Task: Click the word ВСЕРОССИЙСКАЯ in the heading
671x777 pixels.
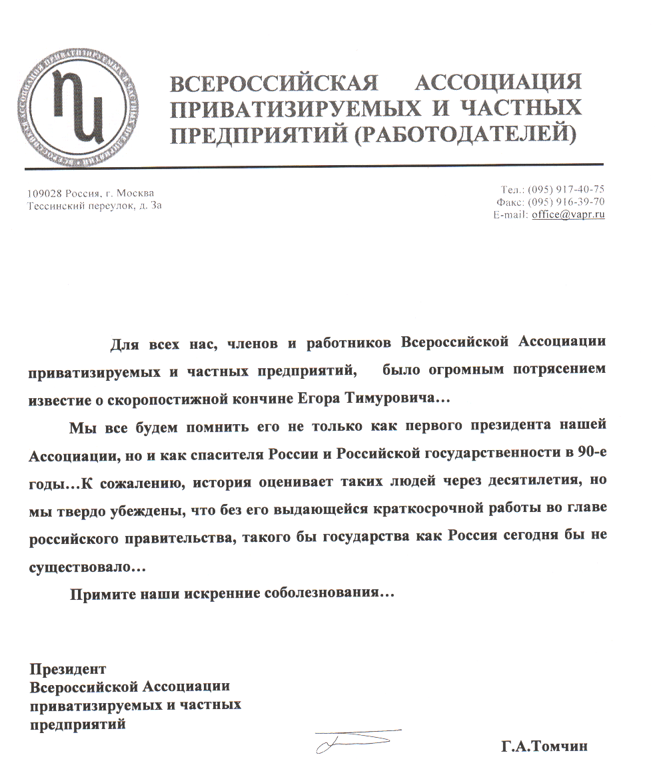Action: click(x=275, y=84)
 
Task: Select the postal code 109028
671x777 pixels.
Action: click(x=45, y=194)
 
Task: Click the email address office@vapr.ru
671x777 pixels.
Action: click(x=568, y=215)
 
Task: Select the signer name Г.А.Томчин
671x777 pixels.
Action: click(x=545, y=747)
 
